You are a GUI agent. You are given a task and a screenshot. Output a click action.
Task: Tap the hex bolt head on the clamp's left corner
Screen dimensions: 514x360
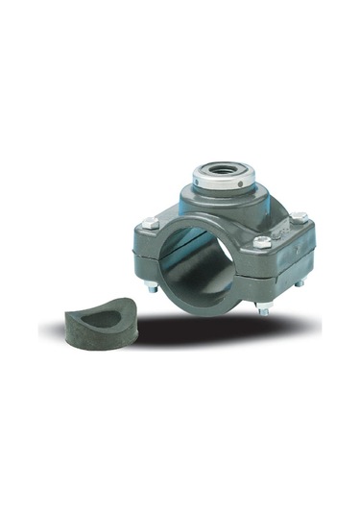(x=149, y=223)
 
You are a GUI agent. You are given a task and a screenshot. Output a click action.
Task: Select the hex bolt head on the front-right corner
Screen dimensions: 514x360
(x=262, y=242)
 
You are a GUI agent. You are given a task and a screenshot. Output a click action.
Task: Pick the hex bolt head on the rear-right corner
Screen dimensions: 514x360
(x=299, y=218)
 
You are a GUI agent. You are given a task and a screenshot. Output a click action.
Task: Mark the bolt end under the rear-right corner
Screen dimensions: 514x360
(x=300, y=282)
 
